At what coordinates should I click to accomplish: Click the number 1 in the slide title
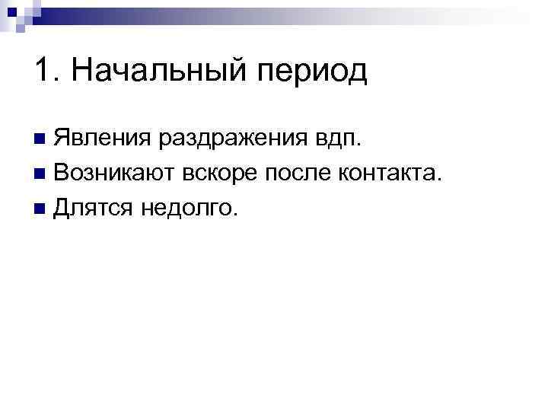click(41, 72)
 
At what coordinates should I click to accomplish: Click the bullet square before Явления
click(40, 140)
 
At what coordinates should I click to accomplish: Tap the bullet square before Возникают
click(40, 174)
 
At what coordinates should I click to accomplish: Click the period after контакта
click(438, 180)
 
